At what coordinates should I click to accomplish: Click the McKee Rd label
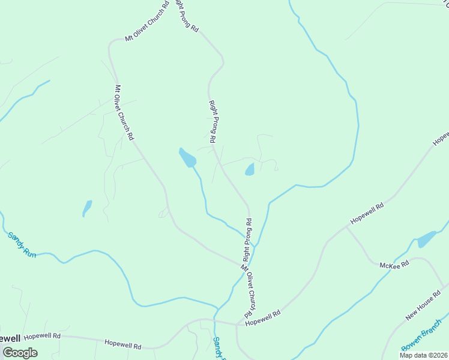(x=394, y=265)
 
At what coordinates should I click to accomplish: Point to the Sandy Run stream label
(x=22, y=245)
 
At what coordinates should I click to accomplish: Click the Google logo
(x=19, y=353)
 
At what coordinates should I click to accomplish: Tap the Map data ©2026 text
(x=424, y=355)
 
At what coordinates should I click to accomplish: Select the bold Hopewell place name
(x=11, y=338)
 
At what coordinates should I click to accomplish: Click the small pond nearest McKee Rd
(x=427, y=239)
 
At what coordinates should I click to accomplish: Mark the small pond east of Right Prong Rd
(x=250, y=170)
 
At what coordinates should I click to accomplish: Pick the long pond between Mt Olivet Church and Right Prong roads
(x=187, y=158)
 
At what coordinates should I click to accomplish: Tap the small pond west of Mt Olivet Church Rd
(x=87, y=208)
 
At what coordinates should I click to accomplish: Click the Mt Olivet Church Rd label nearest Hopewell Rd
(x=253, y=291)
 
